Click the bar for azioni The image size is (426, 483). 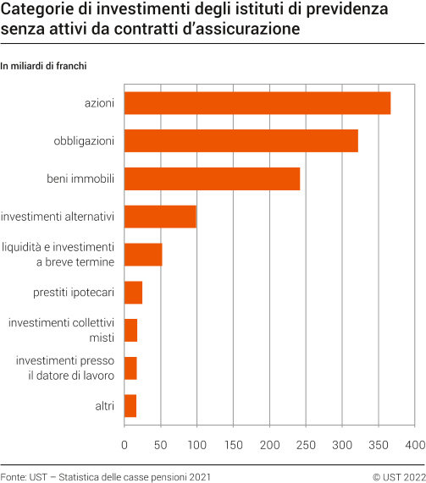click(257, 102)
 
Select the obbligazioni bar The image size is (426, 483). click(241, 140)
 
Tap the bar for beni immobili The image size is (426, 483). click(212, 178)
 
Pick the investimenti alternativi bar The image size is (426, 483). click(160, 217)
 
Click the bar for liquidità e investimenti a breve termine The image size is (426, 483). click(143, 255)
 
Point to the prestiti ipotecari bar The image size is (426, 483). click(133, 293)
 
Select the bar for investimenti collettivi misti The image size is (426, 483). click(130, 330)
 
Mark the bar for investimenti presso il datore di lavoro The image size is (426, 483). click(130, 368)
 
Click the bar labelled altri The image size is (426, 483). click(130, 406)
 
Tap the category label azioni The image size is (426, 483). click(99, 102)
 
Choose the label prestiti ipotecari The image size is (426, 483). click(76, 293)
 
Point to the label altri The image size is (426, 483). click(104, 406)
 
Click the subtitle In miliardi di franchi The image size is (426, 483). click(44, 65)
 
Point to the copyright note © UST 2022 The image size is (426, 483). click(398, 477)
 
